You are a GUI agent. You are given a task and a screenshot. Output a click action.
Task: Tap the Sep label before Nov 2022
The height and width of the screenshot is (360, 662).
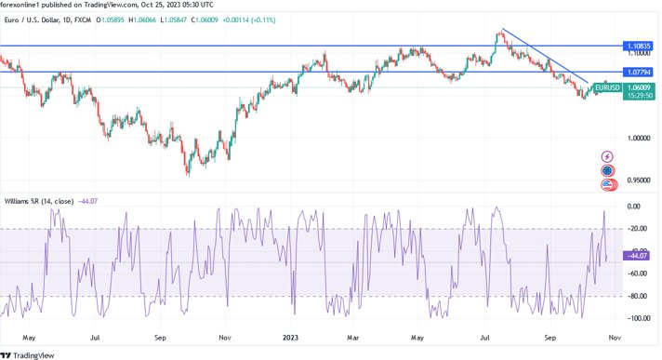(x=160, y=340)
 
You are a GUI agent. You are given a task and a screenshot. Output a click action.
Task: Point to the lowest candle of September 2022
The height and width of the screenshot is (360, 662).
(x=188, y=174)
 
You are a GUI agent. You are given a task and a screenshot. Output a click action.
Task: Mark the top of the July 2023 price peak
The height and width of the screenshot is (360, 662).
(x=500, y=31)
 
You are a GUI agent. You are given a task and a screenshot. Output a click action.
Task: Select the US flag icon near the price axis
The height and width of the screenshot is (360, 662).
(x=607, y=185)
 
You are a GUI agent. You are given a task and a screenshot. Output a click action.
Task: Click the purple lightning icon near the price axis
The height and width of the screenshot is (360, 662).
(x=607, y=156)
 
